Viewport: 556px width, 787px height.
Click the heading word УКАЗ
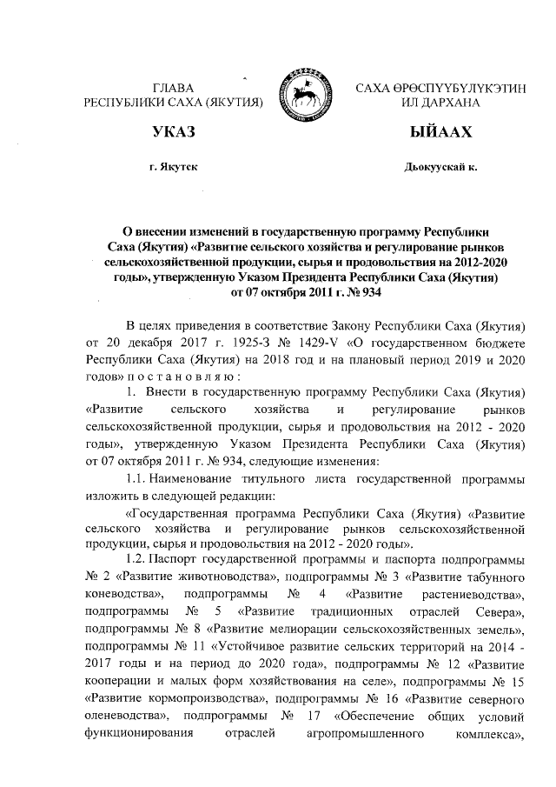click(171, 132)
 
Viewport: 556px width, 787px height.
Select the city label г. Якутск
click(172, 166)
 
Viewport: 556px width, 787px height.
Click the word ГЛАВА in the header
click(172, 87)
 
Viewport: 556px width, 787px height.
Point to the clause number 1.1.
click(136, 479)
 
